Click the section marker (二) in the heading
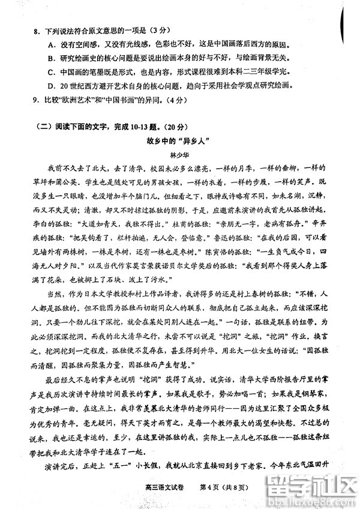click(x=46, y=126)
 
